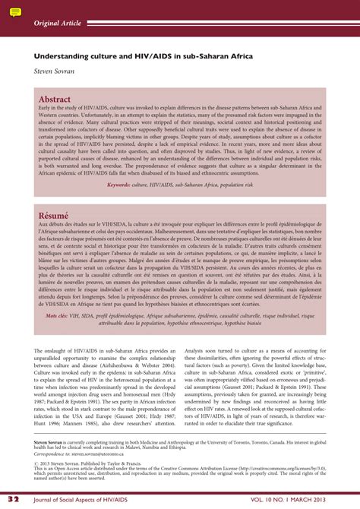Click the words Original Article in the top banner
pos(58,24)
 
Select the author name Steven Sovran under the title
pos(54,71)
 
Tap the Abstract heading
pos(54,100)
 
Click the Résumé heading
pos(53,216)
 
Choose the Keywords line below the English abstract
pos(180,185)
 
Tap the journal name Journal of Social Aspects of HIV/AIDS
pos(91,499)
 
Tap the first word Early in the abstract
pos(47,109)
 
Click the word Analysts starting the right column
pos(197,350)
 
